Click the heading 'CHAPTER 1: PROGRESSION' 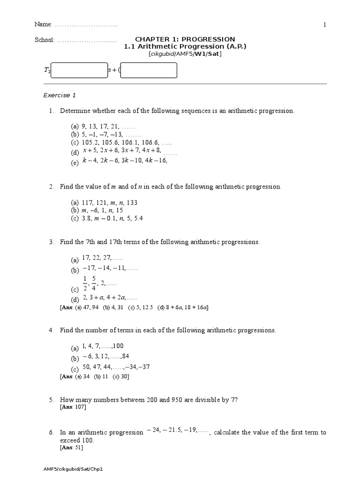tap(185, 39)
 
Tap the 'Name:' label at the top tap(44, 24)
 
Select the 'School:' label tap(45, 40)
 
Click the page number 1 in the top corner tap(324, 24)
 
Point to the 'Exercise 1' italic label tap(60, 95)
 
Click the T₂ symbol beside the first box tap(47, 70)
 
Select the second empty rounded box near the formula tap(149, 70)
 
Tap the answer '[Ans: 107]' tap(73, 407)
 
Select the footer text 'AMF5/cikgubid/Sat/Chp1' tap(73, 469)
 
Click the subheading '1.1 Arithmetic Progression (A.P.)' tap(185, 46)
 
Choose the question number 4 tap(51, 330)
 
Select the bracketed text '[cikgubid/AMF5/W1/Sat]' tap(185, 54)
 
